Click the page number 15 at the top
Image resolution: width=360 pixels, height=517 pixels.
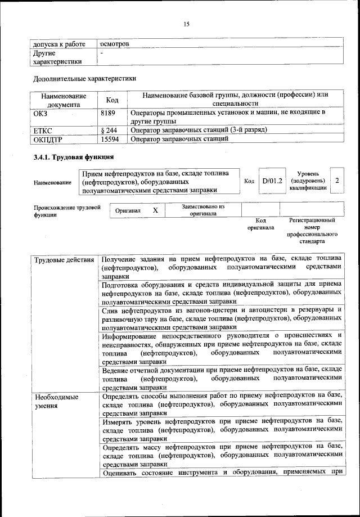pos(186,23)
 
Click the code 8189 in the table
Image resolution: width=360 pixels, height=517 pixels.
pos(107,113)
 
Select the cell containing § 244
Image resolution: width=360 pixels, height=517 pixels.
pos(109,129)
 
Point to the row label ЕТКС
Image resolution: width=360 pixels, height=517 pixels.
pos(45,129)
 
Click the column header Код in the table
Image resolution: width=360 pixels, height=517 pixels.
pos(112,100)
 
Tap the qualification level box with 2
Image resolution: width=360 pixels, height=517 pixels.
pos(336,181)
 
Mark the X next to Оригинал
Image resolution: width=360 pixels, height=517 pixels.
pos(155,209)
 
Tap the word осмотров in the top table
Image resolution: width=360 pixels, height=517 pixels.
pos(115,43)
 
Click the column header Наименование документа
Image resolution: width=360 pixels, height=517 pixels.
pos(63,100)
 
